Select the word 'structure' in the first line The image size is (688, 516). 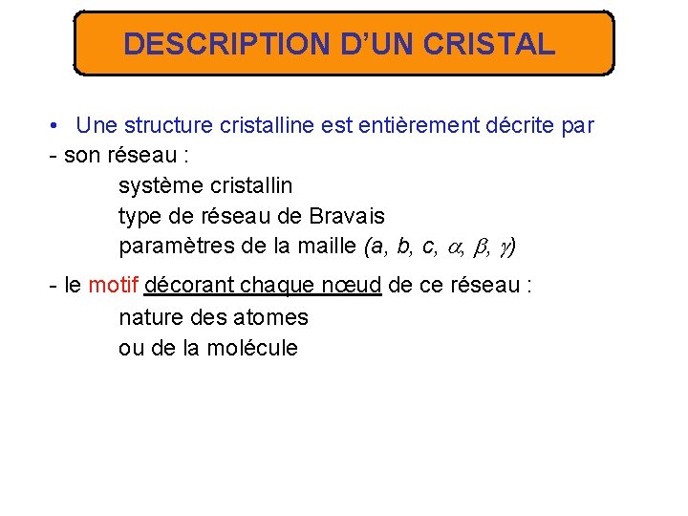point(169,125)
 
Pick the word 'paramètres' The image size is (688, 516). point(177,247)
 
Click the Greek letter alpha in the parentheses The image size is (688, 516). point(453,247)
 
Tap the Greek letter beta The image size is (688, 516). point(482,247)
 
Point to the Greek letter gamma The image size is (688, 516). point(505,248)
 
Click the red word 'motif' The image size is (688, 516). point(113,286)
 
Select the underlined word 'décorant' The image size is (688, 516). point(188,286)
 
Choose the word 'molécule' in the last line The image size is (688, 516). point(252,347)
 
